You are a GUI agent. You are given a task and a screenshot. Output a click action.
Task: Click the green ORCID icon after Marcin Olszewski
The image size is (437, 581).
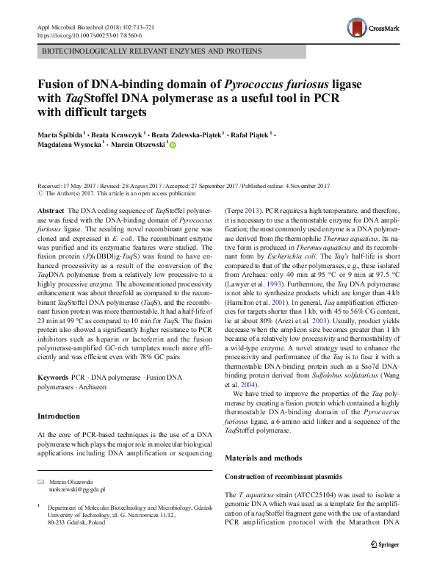click(x=173, y=145)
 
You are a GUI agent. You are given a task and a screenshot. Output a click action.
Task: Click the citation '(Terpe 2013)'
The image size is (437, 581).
click(x=247, y=210)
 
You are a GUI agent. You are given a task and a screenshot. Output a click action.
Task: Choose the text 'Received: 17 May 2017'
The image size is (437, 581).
click(x=68, y=187)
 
